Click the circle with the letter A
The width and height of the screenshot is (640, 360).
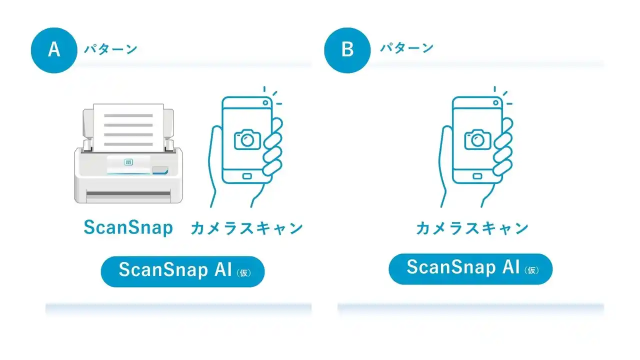coord(54,50)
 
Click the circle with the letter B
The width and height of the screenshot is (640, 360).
coord(347,50)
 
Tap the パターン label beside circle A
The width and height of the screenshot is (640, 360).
coord(110,49)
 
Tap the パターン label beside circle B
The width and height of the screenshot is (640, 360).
coord(406,48)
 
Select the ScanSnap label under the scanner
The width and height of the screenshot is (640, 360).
coord(128,227)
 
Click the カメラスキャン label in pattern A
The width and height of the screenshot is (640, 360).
coord(247,228)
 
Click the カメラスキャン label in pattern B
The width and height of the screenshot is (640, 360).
coord(472,228)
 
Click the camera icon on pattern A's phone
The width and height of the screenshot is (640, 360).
coord(247,139)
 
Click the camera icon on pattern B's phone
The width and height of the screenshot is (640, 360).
coord(477,139)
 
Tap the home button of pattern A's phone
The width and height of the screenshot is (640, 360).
coord(247,176)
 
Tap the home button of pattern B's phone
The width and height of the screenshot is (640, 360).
coord(477,176)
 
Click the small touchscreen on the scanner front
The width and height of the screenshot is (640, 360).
coord(128,162)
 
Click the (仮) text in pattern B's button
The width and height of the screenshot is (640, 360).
coord(531,270)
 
